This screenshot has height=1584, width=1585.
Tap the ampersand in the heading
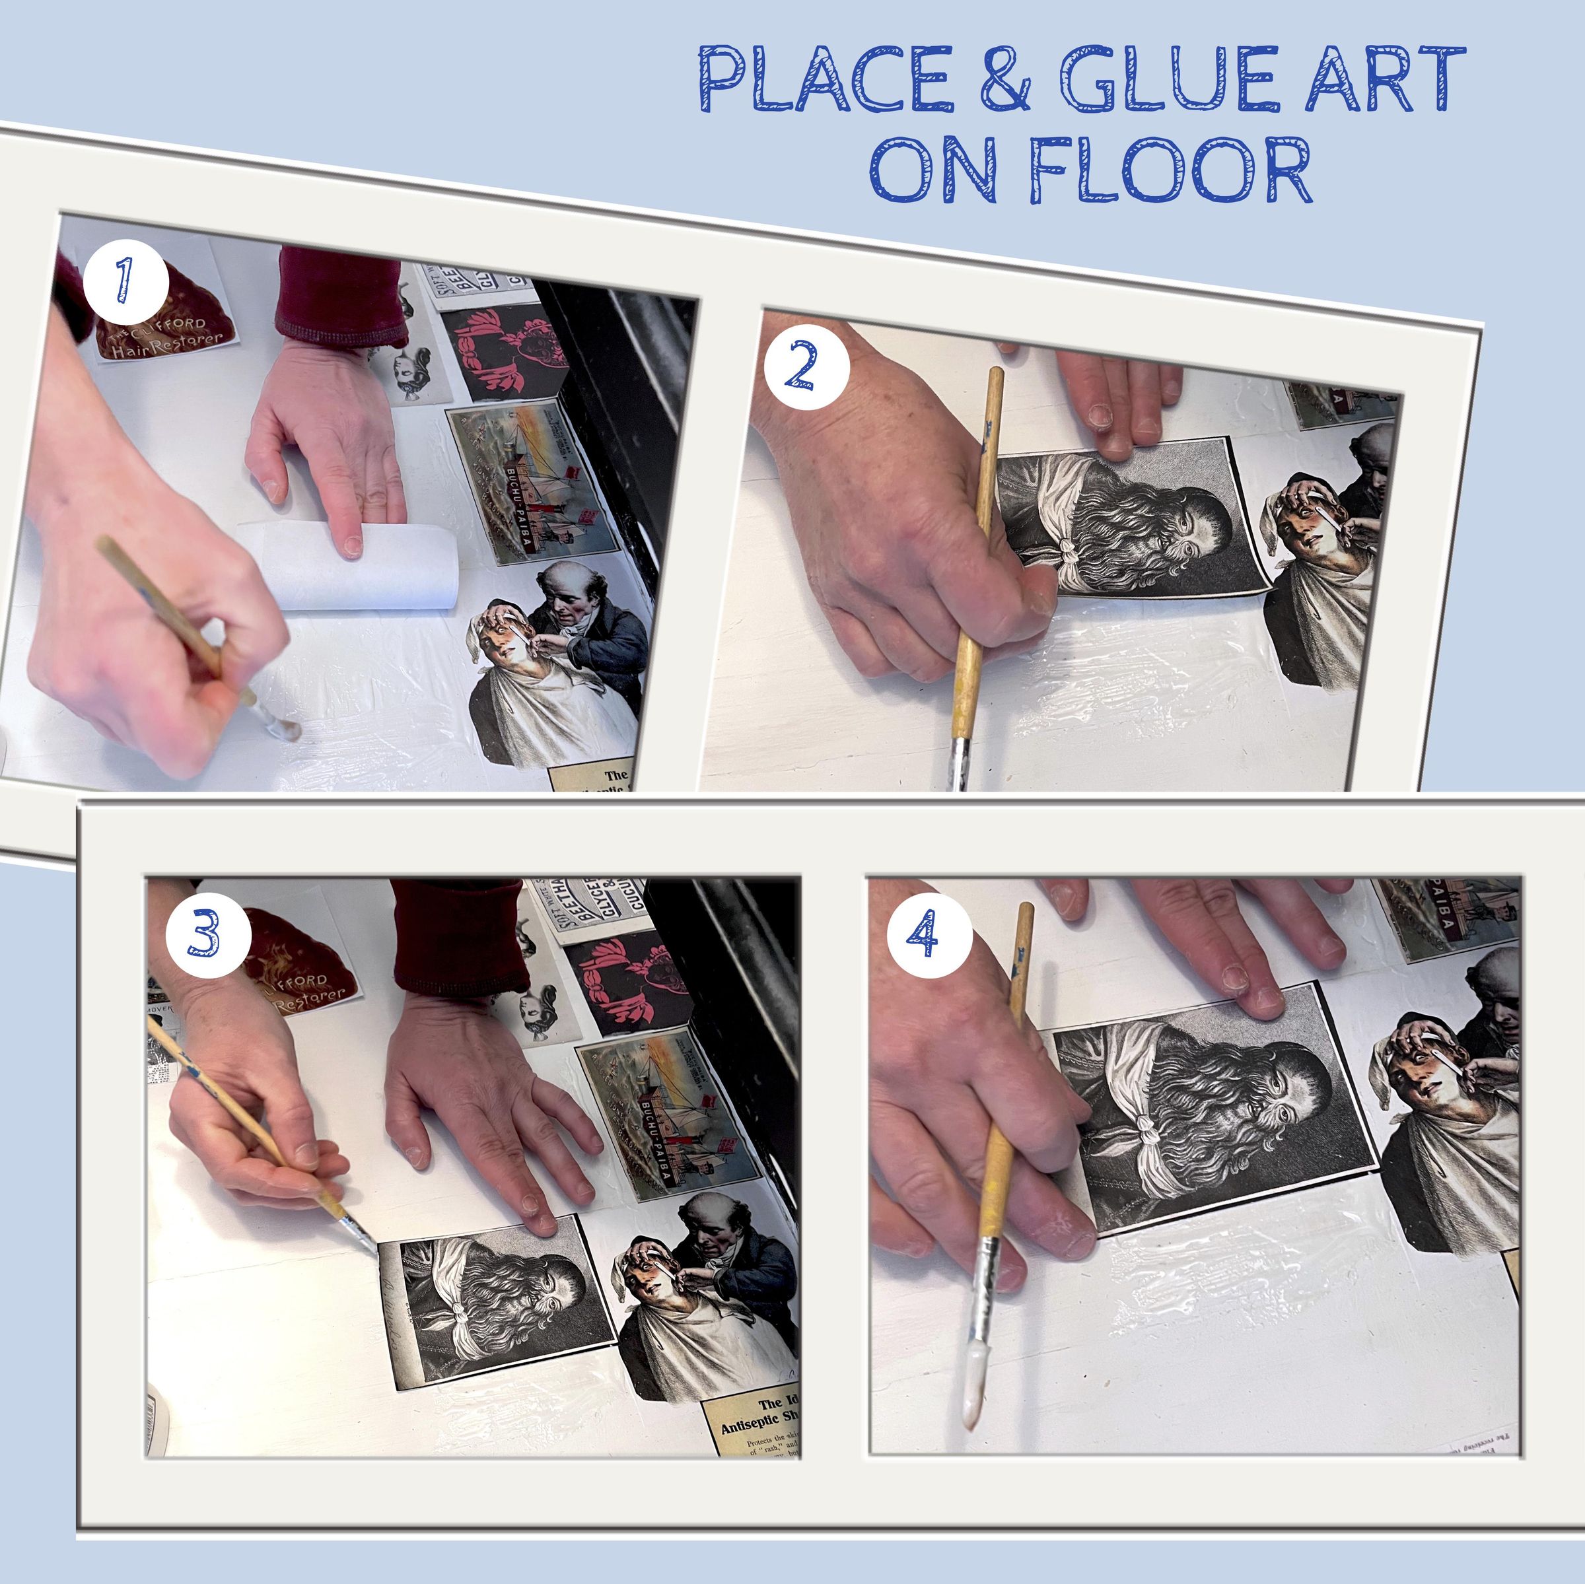1006,81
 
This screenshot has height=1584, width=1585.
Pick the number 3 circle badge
207,937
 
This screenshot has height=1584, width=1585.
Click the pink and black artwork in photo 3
627,984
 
